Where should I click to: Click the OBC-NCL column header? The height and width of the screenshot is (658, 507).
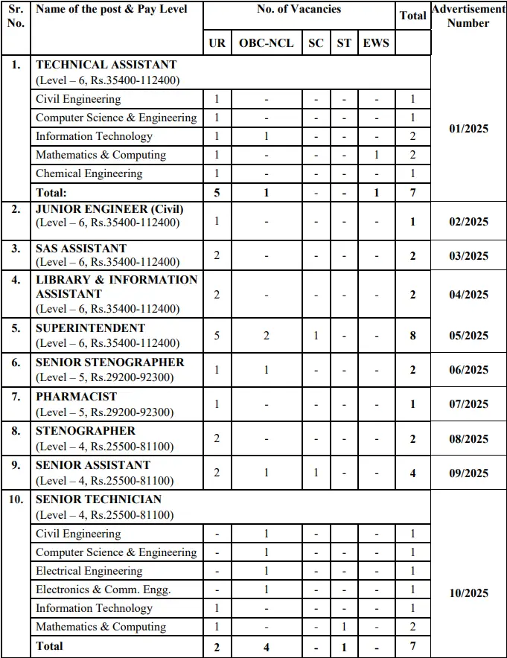click(266, 43)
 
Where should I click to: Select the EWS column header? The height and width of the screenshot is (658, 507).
click(376, 43)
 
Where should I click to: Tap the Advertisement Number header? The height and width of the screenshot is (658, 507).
click(469, 16)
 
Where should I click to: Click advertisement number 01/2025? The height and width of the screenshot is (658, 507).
click(469, 129)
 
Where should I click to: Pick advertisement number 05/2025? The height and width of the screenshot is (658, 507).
click(469, 336)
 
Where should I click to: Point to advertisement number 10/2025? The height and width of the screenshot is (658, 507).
click(469, 592)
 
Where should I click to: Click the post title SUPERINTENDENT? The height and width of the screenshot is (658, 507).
click(91, 328)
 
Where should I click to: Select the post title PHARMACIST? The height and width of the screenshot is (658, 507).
click(77, 397)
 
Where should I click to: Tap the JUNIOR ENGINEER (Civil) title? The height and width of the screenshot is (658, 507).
click(109, 209)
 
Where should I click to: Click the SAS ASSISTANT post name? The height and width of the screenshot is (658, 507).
click(81, 248)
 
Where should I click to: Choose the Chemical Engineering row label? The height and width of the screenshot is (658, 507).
click(89, 173)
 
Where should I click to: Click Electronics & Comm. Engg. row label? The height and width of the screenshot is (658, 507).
click(103, 590)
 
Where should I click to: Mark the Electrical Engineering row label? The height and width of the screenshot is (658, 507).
click(89, 571)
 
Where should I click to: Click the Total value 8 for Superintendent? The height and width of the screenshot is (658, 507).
click(412, 336)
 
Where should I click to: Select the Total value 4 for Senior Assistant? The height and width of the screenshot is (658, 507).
click(412, 473)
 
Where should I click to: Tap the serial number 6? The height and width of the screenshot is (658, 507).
click(16, 362)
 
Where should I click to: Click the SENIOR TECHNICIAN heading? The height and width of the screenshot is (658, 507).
click(98, 499)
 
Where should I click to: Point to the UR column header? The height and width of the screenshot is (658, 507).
click(217, 43)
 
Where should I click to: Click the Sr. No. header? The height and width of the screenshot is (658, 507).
click(16, 16)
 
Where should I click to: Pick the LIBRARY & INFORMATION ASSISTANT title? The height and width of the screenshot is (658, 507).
click(117, 287)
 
